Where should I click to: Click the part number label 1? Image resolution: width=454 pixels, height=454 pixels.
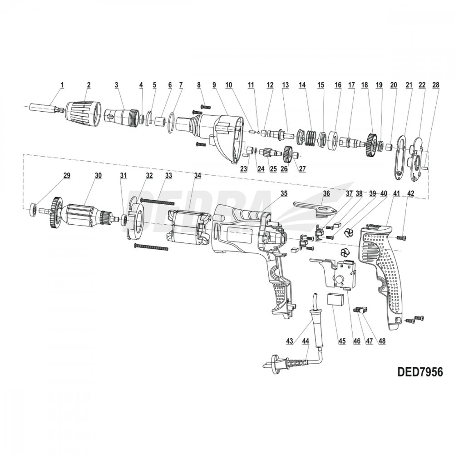click(x=62, y=84)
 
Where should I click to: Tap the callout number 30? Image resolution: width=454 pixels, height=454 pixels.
click(x=98, y=175)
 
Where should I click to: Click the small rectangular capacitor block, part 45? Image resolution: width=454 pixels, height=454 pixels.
click(x=336, y=301)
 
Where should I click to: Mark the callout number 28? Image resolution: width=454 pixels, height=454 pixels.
click(x=436, y=85)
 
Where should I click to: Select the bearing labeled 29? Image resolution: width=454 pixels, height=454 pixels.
click(x=34, y=209)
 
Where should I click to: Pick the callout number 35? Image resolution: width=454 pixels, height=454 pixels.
click(x=284, y=193)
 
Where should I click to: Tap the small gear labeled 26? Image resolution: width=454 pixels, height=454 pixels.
click(x=286, y=155)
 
